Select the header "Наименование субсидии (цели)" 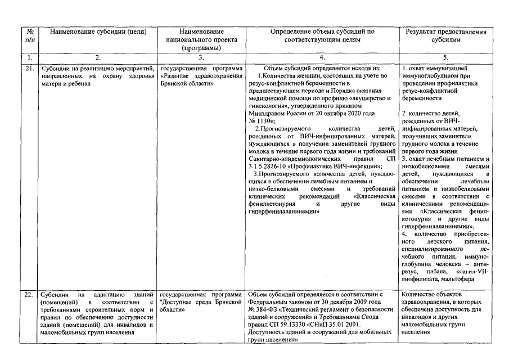coord(98,31)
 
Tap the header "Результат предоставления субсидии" coord(445,35)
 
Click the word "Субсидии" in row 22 coord(55,295)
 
